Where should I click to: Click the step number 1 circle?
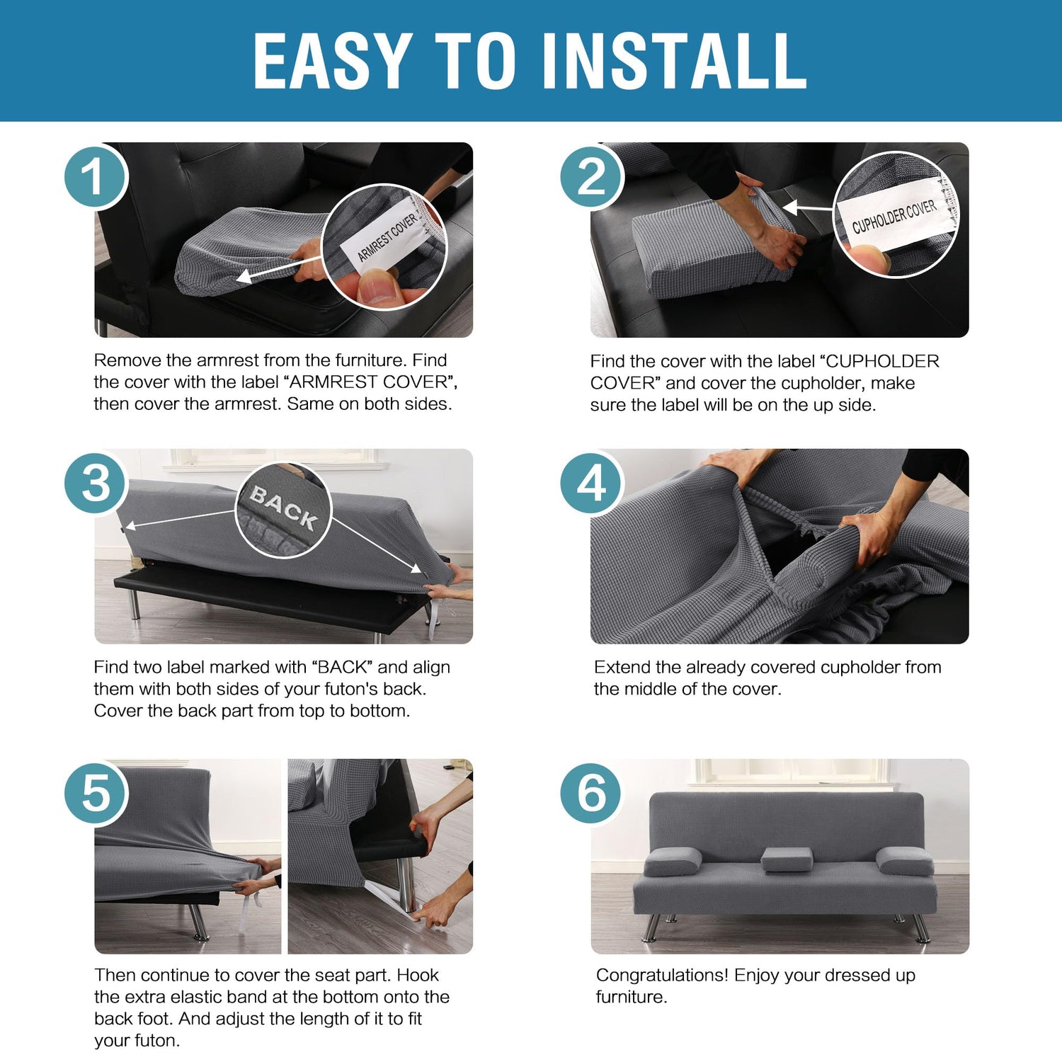(96, 176)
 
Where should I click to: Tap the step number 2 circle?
(592, 176)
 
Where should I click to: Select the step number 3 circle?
(96, 484)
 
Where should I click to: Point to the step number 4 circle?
(592, 484)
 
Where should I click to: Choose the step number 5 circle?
(96, 792)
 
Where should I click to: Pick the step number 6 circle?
(592, 792)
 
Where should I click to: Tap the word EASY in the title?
(333, 62)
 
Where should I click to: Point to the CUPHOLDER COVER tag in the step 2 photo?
(893, 215)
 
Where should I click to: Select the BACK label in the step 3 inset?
(283, 508)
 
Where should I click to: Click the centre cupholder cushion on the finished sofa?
(787, 860)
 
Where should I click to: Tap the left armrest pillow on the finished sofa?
(673, 860)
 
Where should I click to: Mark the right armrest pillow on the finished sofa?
(905, 860)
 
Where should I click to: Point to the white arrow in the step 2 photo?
(809, 208)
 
